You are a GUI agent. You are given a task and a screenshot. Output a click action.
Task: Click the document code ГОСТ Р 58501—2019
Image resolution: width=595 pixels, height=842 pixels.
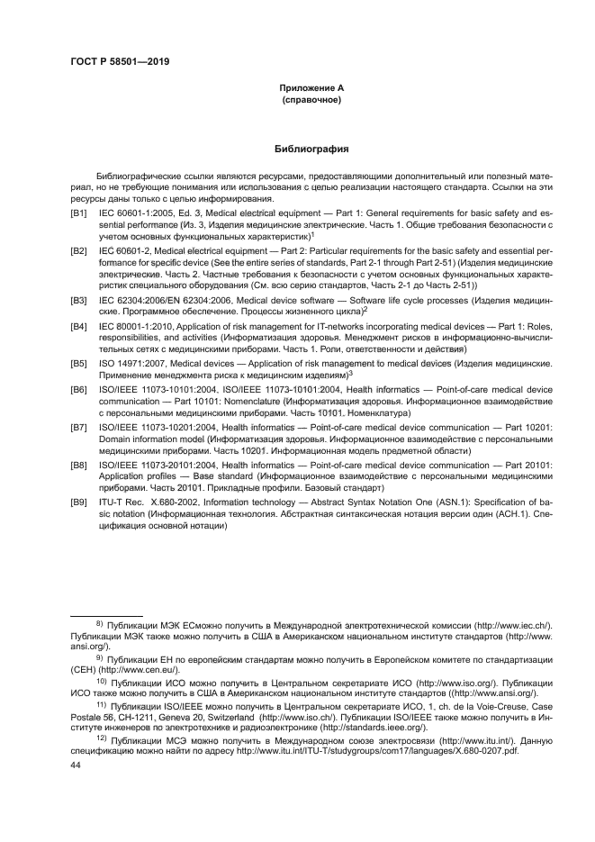[120, 61]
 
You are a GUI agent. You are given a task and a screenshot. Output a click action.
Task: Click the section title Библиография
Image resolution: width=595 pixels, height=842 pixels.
[311, 149]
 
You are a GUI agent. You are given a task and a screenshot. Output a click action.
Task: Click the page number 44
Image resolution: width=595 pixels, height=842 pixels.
[77, 764]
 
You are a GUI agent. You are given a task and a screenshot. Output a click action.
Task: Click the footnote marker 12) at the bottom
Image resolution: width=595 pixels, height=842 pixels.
[102, 734]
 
